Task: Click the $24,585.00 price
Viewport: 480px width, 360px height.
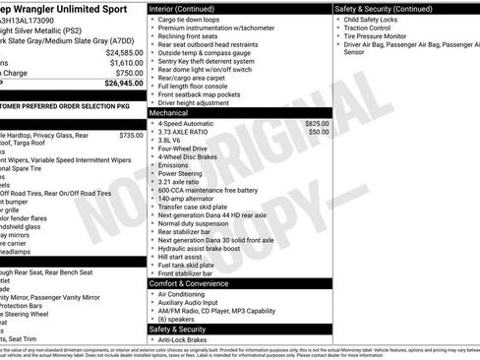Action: click(x=119, y=51)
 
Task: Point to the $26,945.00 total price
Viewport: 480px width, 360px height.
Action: click(x=119, y=84)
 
